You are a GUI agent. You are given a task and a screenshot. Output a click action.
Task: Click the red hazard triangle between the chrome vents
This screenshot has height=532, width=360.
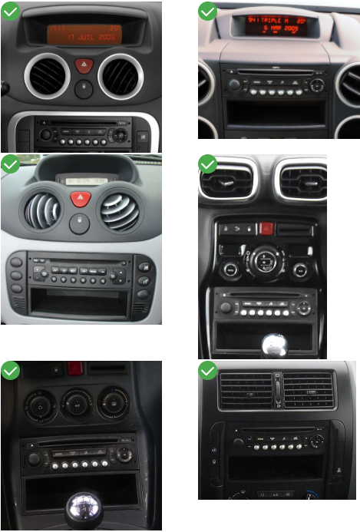tap(84, 65)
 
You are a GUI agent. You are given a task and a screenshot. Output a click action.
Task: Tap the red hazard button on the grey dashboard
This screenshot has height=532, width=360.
tap(80, 199)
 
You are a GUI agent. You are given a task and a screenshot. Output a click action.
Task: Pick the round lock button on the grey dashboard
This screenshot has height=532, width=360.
tap(80, 223)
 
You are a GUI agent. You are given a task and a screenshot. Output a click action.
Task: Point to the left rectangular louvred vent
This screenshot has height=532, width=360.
tap(245, 391)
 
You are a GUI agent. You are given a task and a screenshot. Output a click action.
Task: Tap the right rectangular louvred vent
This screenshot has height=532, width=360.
tap(308, 390)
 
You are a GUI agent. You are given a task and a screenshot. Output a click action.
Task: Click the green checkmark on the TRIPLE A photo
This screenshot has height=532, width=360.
tap(208, 11)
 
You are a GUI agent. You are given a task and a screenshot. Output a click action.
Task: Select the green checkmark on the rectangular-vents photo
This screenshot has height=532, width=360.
tap(208, 371)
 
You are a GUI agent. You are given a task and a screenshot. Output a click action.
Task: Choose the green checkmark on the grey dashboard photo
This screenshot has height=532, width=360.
tap(10, 164)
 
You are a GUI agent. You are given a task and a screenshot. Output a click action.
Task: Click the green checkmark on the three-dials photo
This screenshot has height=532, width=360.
tap(10, 371)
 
